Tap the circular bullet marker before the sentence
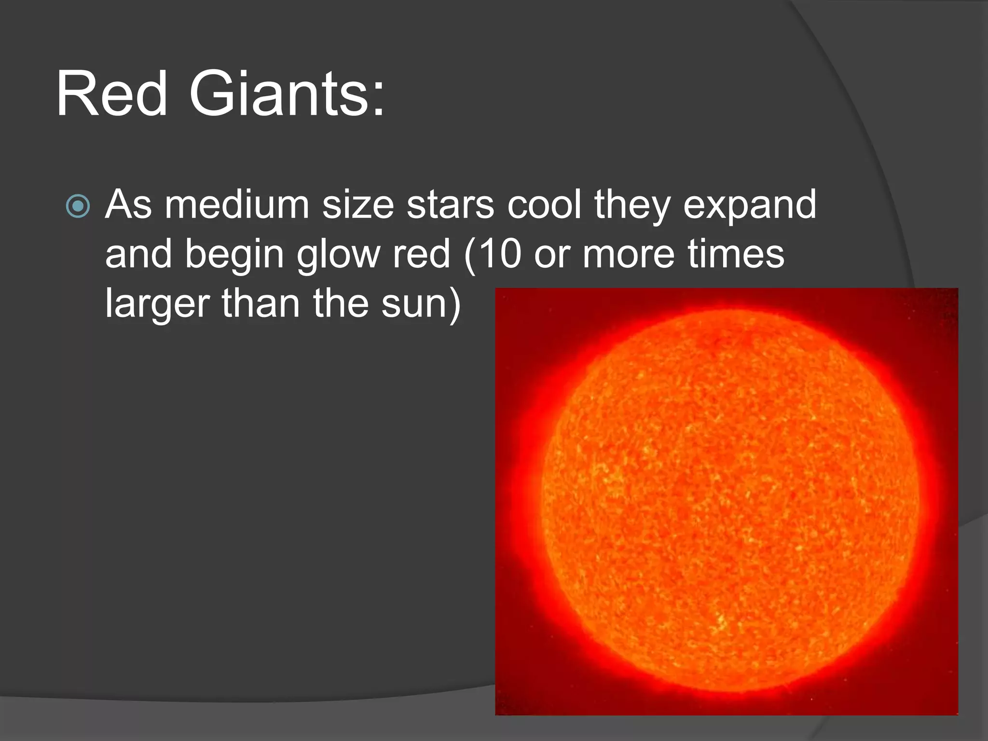78,206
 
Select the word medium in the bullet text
237,205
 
